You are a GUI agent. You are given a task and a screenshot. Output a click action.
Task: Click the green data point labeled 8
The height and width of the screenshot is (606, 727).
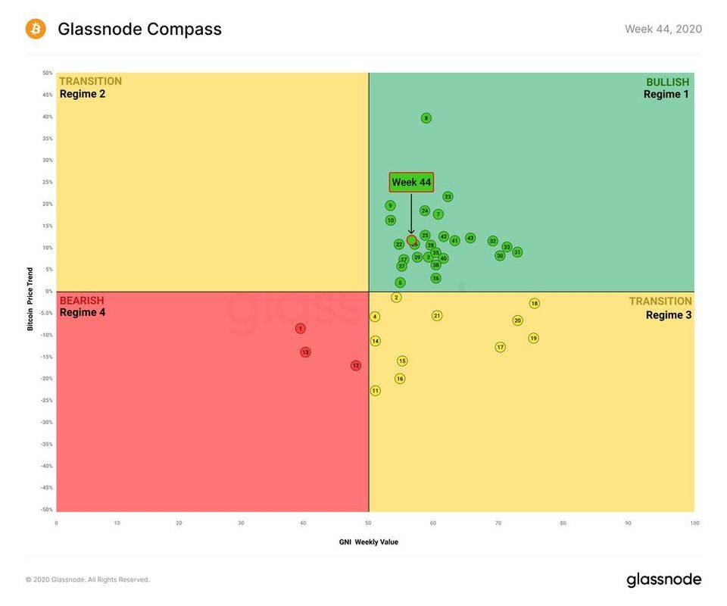[x=426, y=118]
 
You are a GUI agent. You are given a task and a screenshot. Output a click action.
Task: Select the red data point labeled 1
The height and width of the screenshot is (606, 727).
[x=301, y=329]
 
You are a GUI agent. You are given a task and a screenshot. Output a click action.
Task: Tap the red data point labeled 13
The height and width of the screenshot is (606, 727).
[x=305, y=352]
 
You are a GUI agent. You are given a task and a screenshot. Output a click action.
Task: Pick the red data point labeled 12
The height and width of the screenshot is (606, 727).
[x=356, y=366]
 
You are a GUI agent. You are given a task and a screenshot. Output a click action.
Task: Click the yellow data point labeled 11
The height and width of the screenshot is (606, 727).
[x=375, y=391]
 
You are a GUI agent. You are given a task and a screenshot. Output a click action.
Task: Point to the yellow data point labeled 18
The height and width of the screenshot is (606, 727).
[x=534, y=304]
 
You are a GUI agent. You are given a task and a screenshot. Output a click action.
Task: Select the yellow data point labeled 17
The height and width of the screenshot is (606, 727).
[x=500, y=347]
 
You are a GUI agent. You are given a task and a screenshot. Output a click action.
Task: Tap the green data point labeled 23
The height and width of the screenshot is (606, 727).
[x=448, y=197]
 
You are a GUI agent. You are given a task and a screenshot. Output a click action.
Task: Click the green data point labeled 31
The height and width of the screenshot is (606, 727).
[x=517, y=252]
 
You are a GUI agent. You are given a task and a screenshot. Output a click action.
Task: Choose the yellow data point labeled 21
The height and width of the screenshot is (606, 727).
[x=437, y=316]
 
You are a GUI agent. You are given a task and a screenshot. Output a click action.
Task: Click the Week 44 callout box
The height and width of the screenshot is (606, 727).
[x=411, y=183]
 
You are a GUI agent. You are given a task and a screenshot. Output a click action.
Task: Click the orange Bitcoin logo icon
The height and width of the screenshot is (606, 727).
[x=36, y=29]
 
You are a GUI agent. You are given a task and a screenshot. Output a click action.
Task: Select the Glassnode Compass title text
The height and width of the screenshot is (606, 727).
[x=139, y=29]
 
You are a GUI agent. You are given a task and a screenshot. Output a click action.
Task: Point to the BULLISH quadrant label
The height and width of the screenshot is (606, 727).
[x=667, y=82]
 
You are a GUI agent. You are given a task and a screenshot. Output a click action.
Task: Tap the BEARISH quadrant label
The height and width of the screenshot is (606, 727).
[x=82, y=301]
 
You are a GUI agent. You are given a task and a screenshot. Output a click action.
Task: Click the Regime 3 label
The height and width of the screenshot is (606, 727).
[x=668, y=315]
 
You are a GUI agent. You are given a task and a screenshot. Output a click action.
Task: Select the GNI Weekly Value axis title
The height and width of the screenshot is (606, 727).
[x=368, y=542]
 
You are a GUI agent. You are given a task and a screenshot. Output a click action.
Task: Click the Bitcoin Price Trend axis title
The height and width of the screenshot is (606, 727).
[x=30, y=298]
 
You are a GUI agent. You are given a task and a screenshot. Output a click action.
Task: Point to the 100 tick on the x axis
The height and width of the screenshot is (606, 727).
[x=694, y=523]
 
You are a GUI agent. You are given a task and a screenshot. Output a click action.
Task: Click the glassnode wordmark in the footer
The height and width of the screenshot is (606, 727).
[x=663, y=580]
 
